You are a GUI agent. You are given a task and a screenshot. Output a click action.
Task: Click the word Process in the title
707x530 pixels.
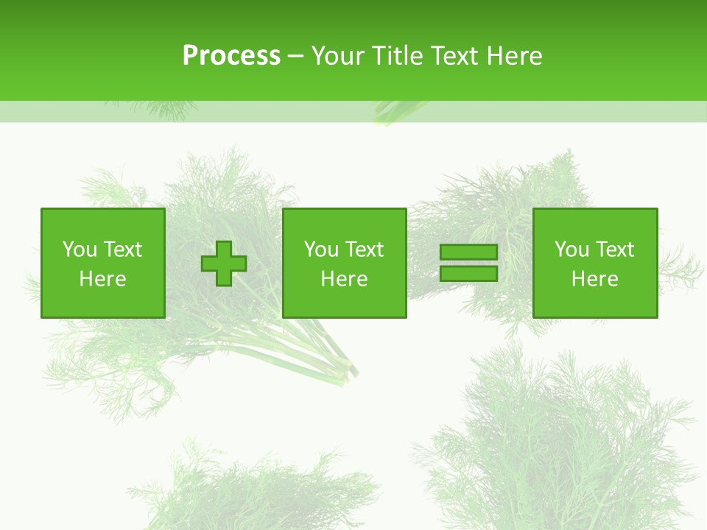point(231,56)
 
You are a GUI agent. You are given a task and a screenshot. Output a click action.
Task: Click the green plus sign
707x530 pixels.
point(224,264)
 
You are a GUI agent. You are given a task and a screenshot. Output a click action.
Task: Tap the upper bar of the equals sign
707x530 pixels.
point(468,252)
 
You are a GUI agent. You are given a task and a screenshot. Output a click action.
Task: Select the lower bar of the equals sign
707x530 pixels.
point(468,274)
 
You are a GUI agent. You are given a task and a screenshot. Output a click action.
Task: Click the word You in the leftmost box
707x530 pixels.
point(79,250)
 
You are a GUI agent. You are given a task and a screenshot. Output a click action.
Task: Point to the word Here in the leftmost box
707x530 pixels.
point(102,279)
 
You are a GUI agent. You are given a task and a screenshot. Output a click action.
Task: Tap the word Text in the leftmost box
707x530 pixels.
point(122,250)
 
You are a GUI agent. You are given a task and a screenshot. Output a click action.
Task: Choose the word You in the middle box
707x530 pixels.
point(320,250)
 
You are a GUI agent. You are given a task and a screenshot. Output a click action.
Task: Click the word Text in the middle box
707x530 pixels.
point(364,250)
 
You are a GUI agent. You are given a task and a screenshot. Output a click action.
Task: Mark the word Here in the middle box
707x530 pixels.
point(344,279)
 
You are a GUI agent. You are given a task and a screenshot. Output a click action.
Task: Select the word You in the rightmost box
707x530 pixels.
point(571,250)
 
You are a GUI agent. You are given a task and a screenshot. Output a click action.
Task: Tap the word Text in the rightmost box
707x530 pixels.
point(614,250)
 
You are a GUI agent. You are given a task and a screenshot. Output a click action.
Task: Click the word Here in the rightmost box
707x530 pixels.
point(594,279)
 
